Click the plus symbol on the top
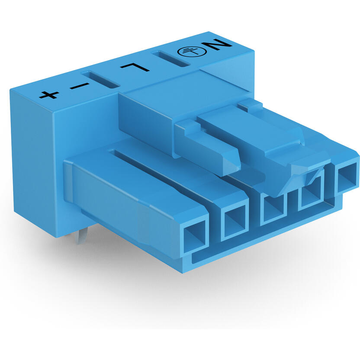click(x=48, y=94)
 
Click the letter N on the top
click(x=219, y=45)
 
